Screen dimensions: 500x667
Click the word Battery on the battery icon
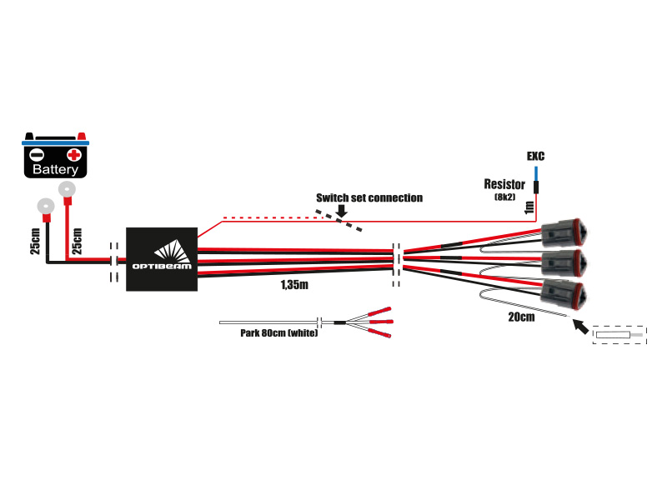55,169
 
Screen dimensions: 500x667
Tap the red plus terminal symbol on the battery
74,154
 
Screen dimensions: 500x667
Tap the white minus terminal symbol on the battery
37,154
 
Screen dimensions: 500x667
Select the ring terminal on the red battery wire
66,191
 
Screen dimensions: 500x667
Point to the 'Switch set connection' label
369,198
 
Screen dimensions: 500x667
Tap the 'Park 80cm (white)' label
273,333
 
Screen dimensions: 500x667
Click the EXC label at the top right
536,156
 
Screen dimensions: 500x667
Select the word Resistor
504,184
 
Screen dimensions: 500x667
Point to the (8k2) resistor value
505,197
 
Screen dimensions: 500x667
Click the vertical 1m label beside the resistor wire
528,207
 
